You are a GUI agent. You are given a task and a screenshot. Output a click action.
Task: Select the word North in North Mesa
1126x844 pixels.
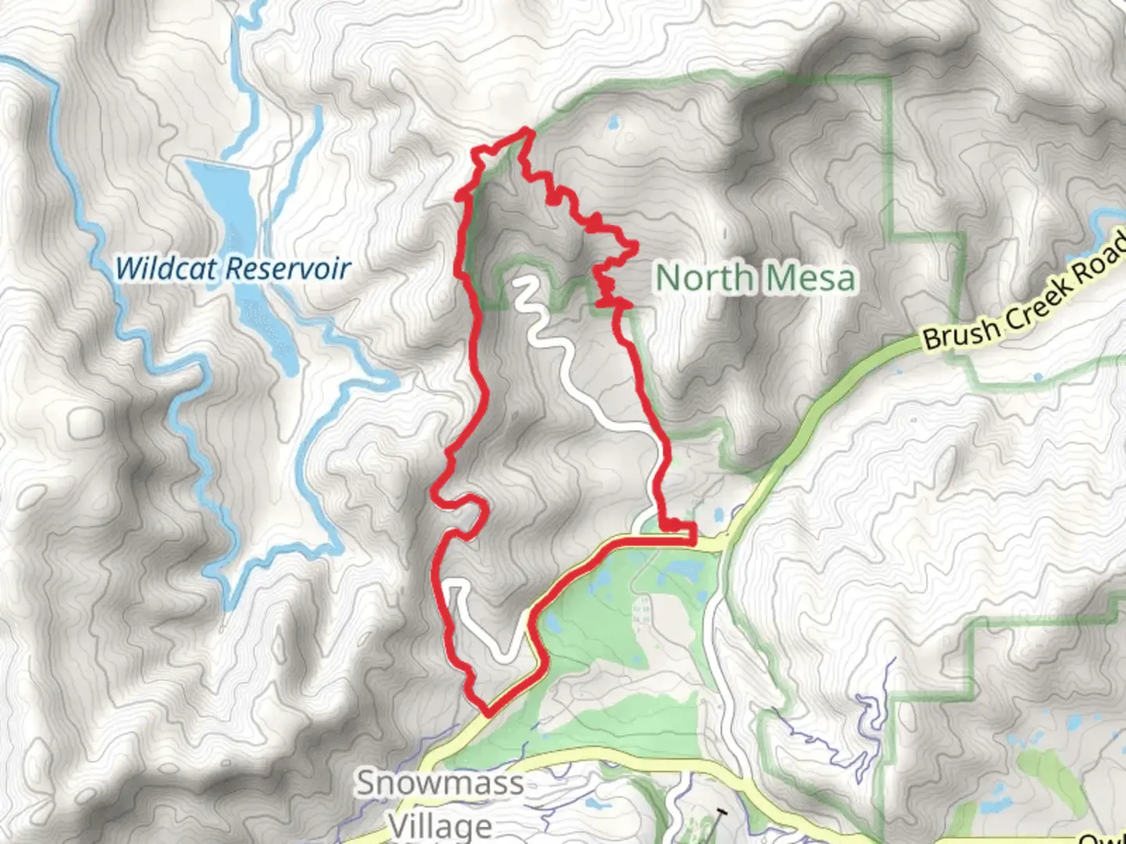(703, 278)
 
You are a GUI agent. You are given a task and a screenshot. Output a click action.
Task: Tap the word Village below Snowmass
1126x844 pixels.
(440, 825)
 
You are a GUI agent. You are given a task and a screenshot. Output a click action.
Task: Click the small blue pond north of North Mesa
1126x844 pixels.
(612, 123)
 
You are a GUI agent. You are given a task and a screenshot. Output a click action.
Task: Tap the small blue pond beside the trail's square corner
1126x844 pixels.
(717, 515)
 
